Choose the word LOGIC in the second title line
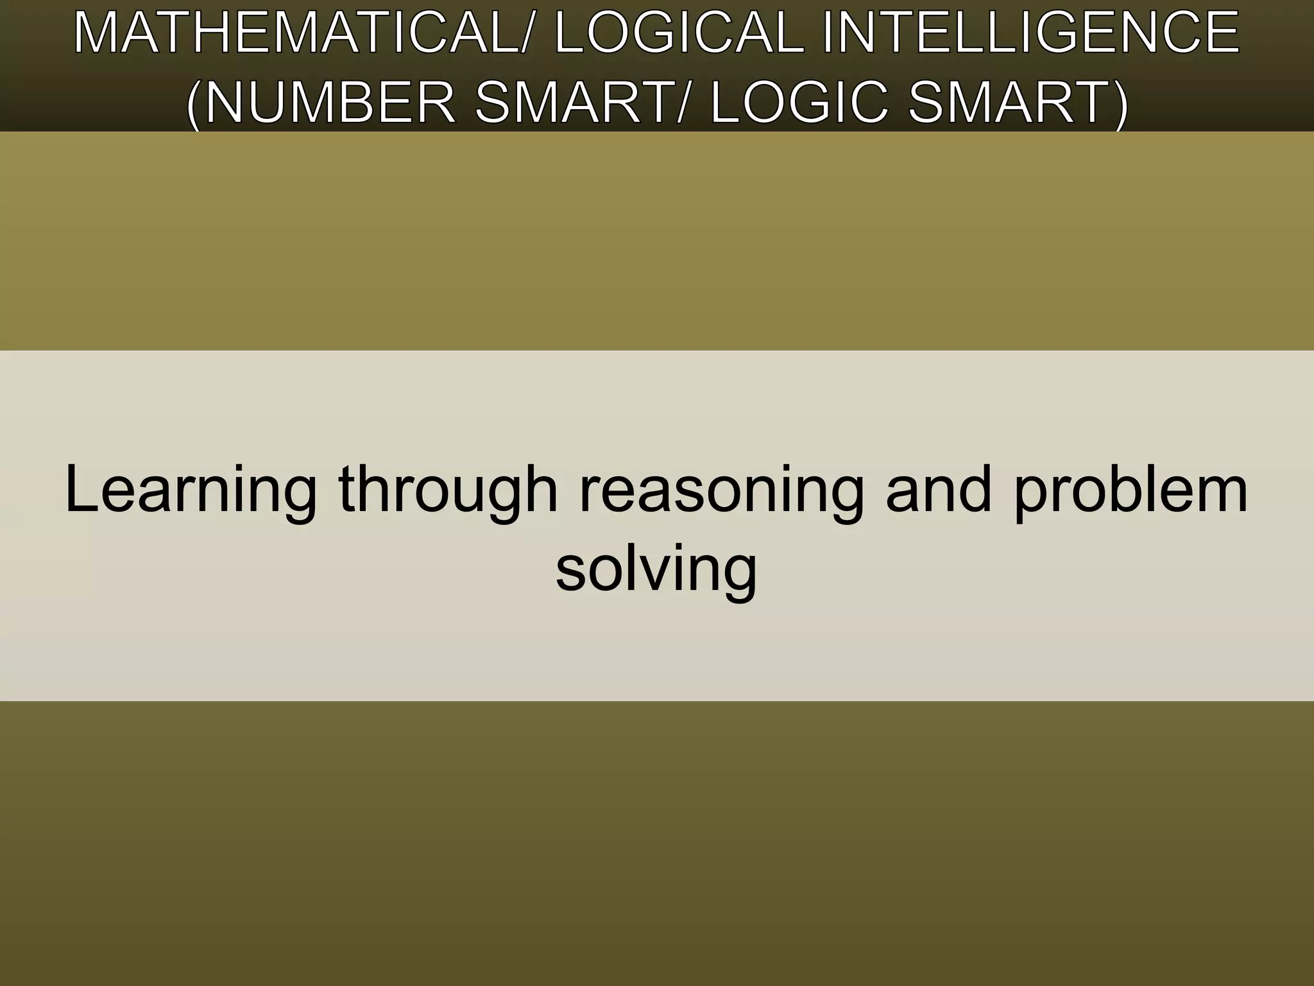[x=799, y=103]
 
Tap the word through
[x=448, y=491]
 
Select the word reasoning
[x=722, y=491]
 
